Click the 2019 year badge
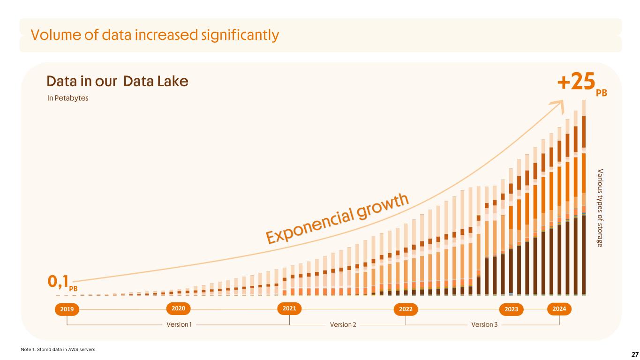point(67,309)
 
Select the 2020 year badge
point(178,308)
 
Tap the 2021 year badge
point(289,308)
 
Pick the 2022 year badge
point(406,309)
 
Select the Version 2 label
point(343,324)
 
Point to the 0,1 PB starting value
point(61,282)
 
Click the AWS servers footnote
point(59,349)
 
